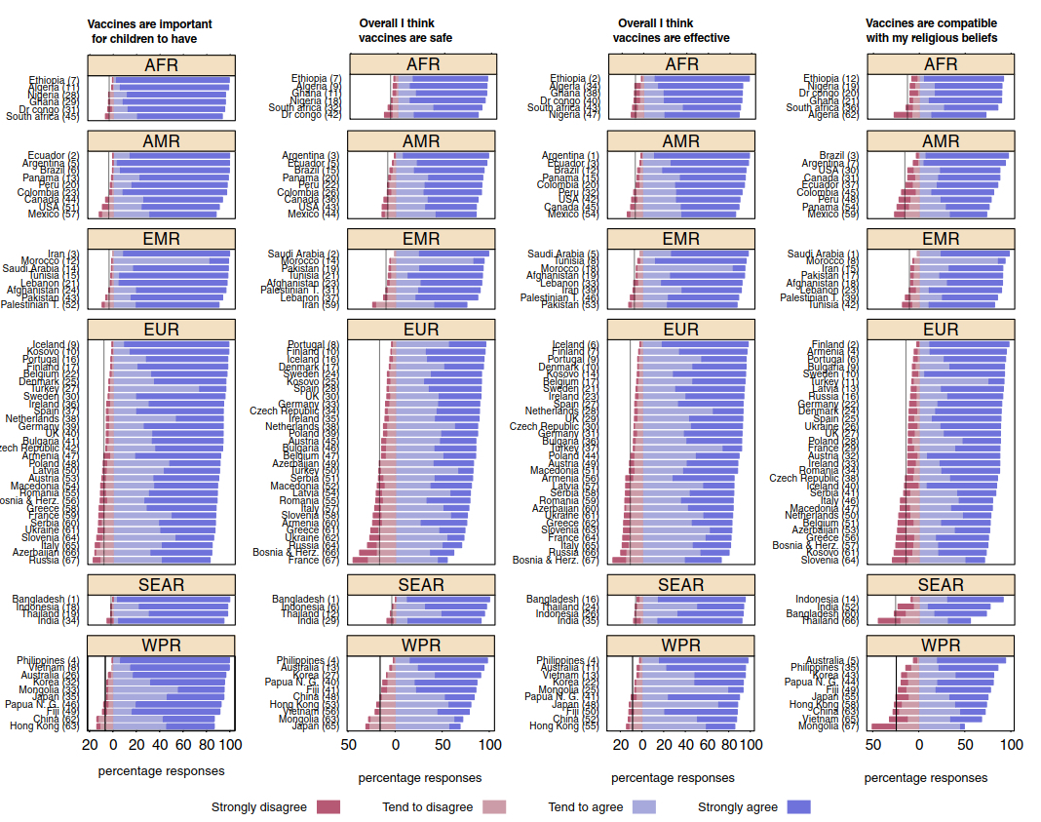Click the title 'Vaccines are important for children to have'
point(149,31)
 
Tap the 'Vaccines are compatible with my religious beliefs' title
point(931,31)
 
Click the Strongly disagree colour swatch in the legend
point(329,807)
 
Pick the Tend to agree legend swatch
point(644,807)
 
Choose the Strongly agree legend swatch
point(799,807)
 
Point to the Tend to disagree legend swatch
point(496,807)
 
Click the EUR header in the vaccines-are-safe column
point(421,331)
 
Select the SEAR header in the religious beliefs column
point(941,586)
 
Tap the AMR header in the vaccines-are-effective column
point(680,142)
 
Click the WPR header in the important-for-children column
point(161,646)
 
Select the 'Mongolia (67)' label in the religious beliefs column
point(829,726)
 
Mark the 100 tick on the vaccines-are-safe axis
point(489,746)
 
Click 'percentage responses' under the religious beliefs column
point(926,778)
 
